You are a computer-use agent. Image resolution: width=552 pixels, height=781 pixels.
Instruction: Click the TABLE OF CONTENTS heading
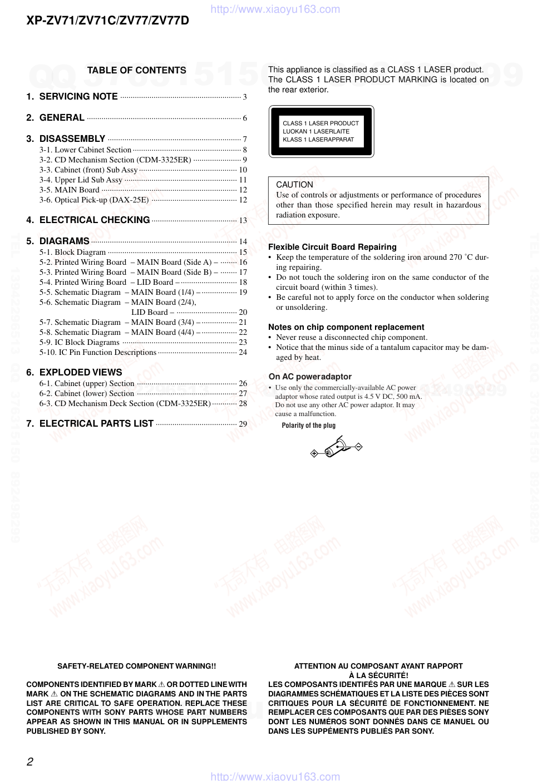[136, 70]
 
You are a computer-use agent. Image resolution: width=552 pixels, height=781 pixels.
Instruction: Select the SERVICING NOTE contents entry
[78, 96]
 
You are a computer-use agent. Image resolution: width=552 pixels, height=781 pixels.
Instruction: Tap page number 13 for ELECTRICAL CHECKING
[243, 220]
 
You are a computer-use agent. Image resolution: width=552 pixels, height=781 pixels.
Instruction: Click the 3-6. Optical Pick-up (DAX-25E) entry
[94, 200]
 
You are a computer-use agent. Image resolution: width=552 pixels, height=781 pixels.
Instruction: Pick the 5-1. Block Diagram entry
[72, 252]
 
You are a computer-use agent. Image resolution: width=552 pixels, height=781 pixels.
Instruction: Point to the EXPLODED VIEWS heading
[81, 372]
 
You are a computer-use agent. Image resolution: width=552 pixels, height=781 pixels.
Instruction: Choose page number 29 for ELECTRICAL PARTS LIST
[243, 424]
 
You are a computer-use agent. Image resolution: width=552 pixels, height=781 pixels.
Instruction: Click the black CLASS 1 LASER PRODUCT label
[321, 132]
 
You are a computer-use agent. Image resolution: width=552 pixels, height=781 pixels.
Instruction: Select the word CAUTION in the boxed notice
[294, 185]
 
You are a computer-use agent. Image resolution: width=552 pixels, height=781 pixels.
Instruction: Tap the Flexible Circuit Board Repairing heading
[332, 247]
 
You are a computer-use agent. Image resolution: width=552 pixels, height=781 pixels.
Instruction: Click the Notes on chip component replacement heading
[346, 327]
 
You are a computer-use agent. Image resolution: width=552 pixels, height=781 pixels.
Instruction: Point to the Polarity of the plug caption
[308, 426]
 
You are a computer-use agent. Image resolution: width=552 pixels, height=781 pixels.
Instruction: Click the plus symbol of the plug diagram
[314, 453]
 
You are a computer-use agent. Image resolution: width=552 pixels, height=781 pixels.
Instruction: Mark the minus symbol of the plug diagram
[359, 447]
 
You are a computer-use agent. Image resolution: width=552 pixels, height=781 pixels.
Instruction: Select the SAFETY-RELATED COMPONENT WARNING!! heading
[136, 666]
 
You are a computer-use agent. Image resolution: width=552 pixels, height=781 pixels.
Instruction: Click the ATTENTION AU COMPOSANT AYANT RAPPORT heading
[378, 666]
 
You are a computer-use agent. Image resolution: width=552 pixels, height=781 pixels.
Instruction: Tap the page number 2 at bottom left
[30, 762]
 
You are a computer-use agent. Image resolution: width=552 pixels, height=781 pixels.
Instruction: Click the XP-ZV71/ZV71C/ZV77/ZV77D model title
[108, 21]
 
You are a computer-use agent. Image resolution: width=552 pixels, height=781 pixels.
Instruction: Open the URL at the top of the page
[275, 9]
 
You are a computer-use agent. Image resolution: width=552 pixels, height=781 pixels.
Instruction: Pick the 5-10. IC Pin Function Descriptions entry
[98, 352]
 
